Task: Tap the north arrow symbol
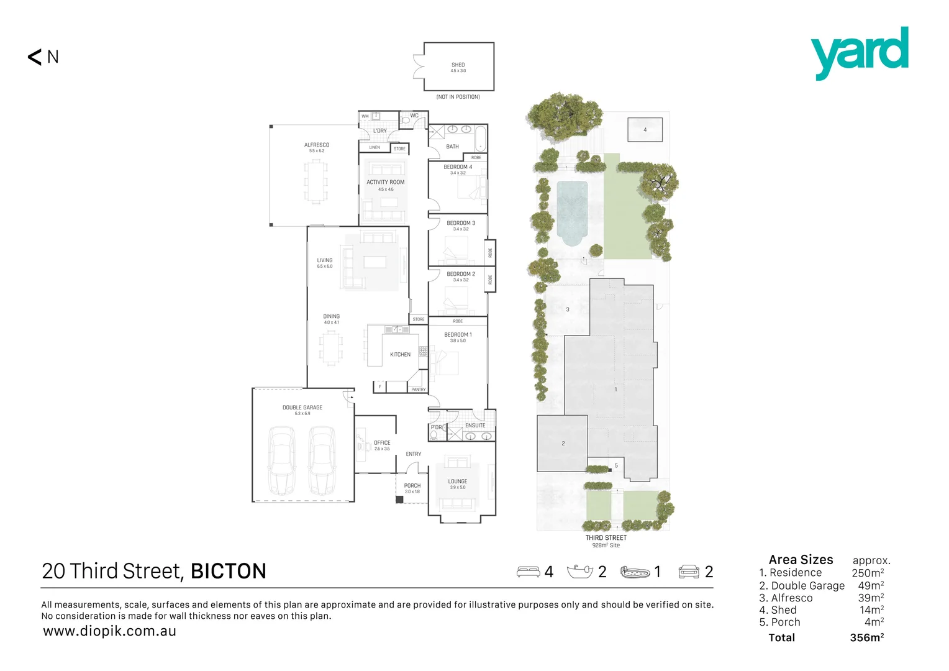pos(35,57)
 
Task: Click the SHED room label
pos(458,65)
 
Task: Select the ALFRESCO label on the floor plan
pos(317,145)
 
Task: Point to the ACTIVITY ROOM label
pos(385,182)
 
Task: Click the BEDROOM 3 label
pos(461,223)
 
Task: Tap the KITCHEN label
pos(400,355)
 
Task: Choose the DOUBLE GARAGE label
pos(302,408)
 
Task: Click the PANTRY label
pos(419,390)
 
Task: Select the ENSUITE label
pos(475,426)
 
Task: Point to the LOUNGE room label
pos(458,482)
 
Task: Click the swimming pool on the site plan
pos(572,211)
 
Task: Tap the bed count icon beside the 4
pos(528,572)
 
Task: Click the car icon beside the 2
pos(689,572)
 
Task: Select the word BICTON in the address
pos(229,572)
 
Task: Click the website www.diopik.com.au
pos(110,631)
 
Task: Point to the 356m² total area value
pos(867,637)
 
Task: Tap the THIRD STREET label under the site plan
pos(606,538)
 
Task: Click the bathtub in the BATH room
pos(481,138)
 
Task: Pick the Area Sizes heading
pos(801,560)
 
